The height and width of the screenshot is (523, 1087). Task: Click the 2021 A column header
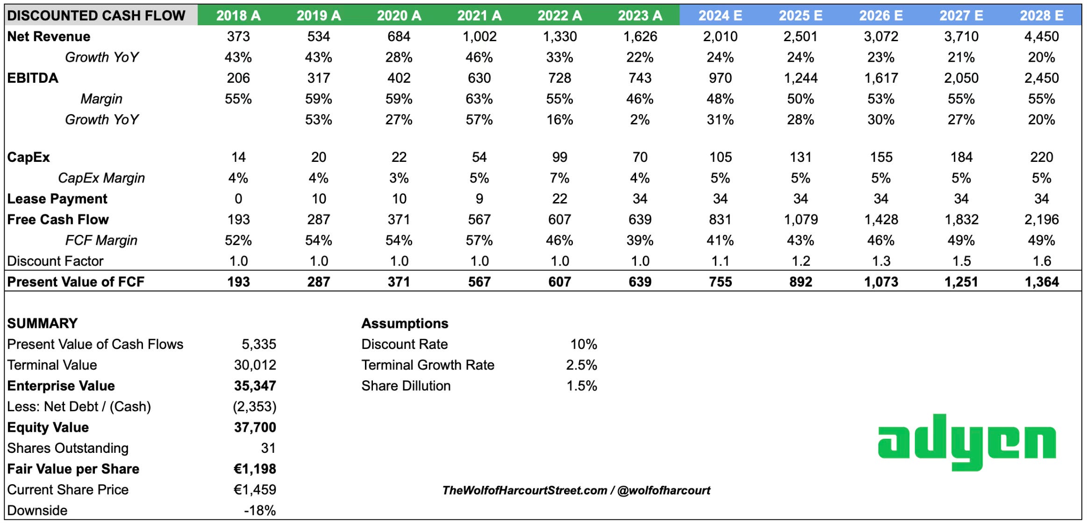[479, 15]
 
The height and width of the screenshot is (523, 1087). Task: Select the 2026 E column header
[880, 15]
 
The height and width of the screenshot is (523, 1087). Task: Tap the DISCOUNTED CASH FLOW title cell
[96, 15]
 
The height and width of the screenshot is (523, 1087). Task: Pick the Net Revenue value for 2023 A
[640, 36]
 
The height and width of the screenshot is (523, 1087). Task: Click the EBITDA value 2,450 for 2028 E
[1041, 78]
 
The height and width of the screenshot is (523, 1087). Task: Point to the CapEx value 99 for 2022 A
[559, 157]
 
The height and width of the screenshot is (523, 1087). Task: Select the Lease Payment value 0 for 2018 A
[238, 199]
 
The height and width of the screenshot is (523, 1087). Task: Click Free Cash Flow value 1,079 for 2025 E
[801, 219]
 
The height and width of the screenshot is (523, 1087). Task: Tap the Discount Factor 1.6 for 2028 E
[1042, 261]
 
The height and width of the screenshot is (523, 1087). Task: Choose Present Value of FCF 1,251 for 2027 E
[961, 282]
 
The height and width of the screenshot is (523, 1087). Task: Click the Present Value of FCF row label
[76, 282]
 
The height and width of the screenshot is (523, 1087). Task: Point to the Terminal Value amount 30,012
[255, 365]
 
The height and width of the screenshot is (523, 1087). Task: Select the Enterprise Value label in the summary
[61, 386]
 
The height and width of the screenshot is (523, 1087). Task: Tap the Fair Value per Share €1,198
[255, 469]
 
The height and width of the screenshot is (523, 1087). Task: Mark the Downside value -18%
[260, 510]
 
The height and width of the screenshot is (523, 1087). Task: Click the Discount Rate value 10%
[583, 344]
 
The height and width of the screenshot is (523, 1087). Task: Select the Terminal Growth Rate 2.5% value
[581, 365]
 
